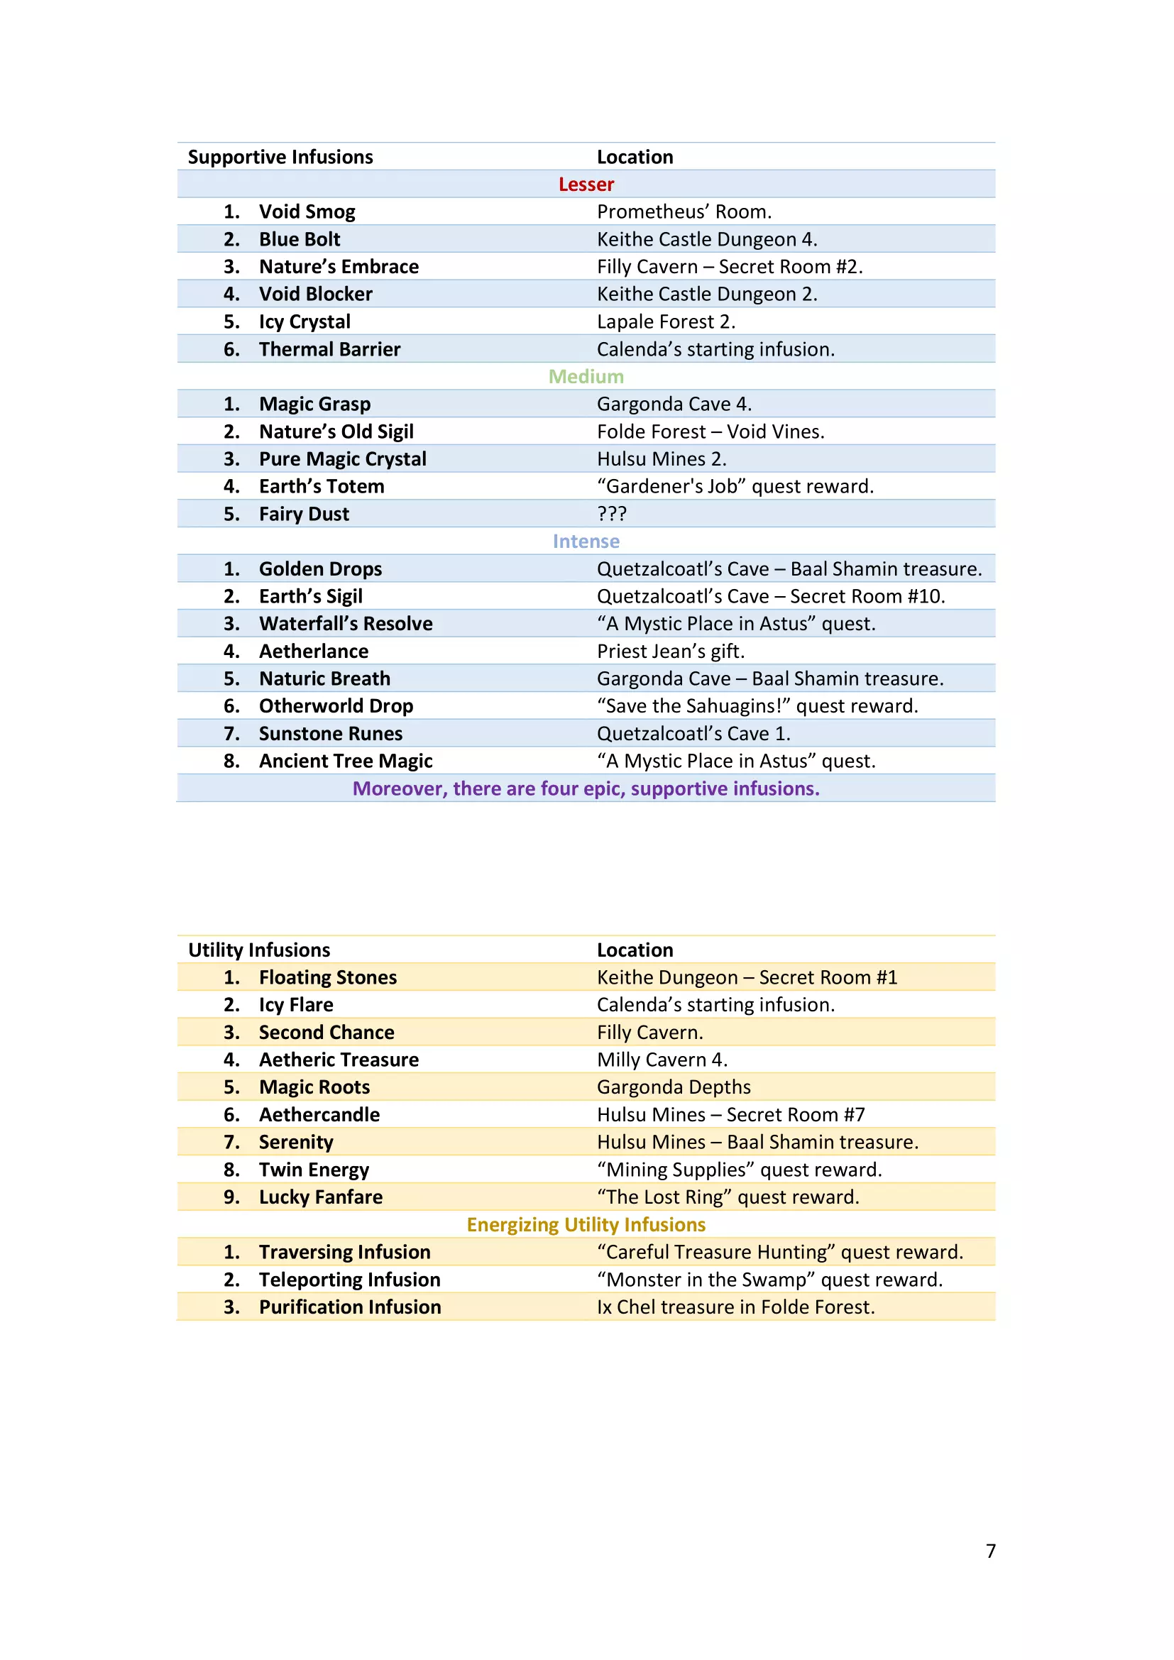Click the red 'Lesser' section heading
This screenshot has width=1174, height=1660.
[x=586, y=185]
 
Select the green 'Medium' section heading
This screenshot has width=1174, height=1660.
[x=586, y=377]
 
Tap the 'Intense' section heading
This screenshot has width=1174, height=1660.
[x=586, y=542]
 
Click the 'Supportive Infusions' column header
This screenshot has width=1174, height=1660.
[x=280, y=157]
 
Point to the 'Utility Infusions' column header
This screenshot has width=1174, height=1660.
[x=259, y=950]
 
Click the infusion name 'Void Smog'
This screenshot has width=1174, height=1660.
[x=307, y=211]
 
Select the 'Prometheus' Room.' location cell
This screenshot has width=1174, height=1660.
[x=684, y=211]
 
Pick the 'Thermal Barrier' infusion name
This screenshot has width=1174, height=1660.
[x=329, y=349]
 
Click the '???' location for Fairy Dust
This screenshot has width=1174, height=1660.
[x=612, y=514]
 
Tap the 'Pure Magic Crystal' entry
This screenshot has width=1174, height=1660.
[x=343, y=459]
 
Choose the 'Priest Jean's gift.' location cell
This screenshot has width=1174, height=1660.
[x=670, y=652]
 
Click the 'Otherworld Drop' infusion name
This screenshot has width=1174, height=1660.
[x=336, y=706]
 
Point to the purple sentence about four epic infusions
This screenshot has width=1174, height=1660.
[x=586, y=788]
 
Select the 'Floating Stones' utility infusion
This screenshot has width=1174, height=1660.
[x=328, y=977]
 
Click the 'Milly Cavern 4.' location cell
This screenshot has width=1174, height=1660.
[x=662, y=1060]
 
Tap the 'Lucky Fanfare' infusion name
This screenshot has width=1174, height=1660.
[x=321, y=1197]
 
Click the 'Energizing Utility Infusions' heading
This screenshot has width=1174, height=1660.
[x=586, y=1225]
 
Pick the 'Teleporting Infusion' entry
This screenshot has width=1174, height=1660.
[x=350, y=1280]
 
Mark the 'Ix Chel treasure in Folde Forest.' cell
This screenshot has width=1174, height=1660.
[x=735, y=1307]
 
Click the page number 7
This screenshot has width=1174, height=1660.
[x=990, y=1551]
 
